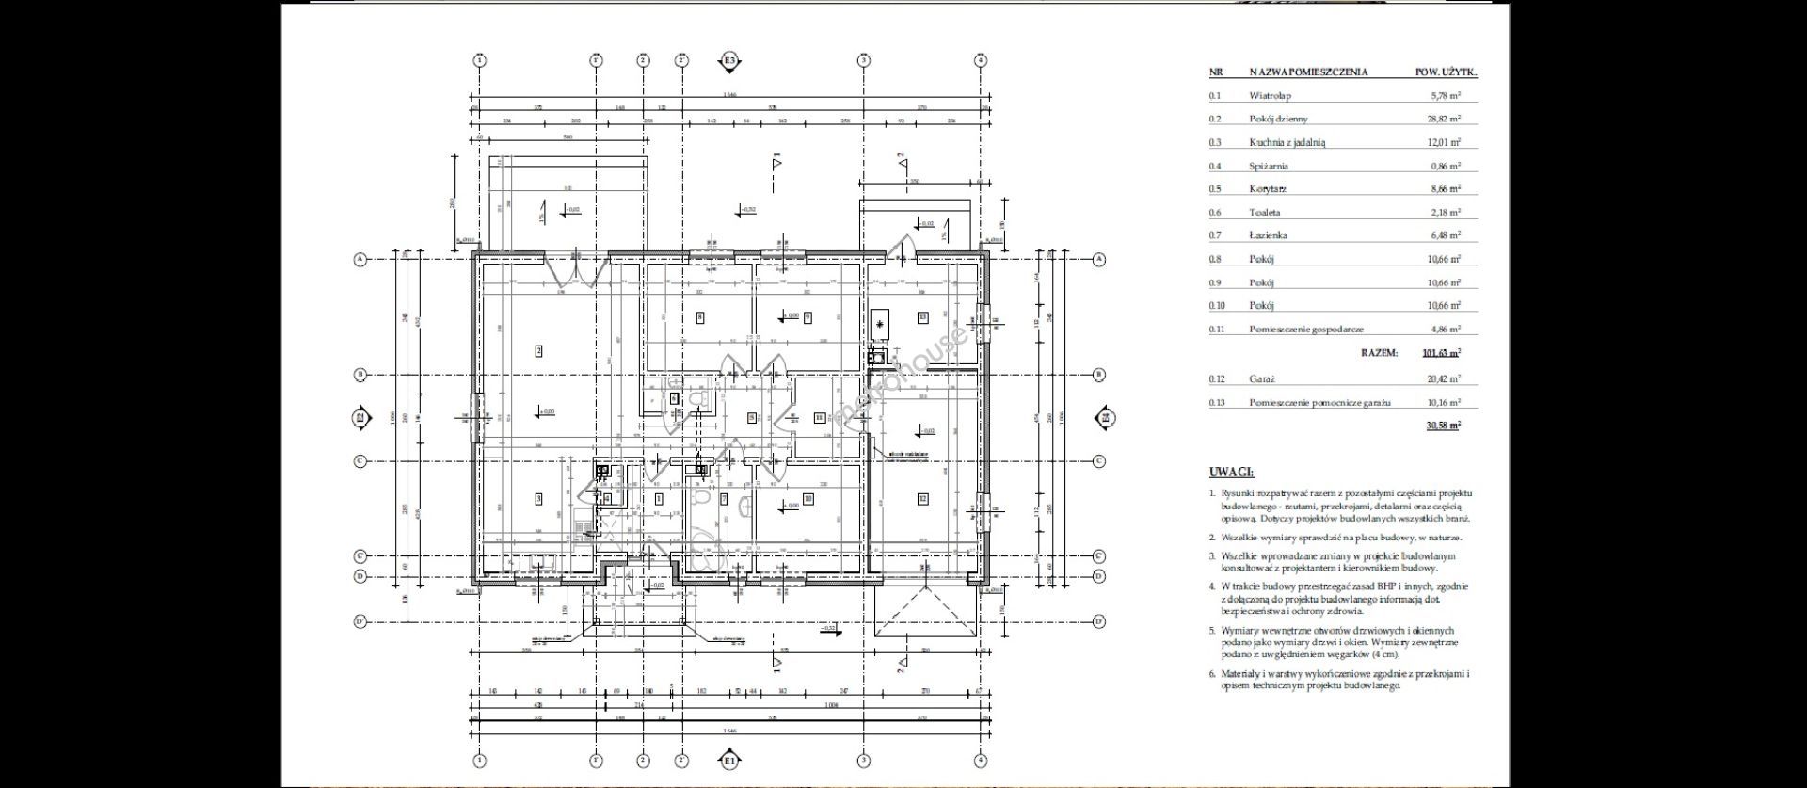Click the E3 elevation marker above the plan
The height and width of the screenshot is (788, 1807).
click(x=729, y=61)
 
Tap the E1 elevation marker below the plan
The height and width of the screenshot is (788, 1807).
click(x=729, y=760)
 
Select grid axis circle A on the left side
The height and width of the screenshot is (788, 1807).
click(x=360, y=259)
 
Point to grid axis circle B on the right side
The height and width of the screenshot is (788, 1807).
click(x=1098, y=375)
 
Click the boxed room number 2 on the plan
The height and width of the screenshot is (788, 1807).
click(x=538, y=351)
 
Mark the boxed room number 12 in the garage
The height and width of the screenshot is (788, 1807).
click(x=923, y=498)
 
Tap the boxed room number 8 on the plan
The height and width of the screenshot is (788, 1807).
click(x=699, y=317)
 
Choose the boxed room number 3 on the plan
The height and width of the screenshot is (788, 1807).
click(x=538, y=498)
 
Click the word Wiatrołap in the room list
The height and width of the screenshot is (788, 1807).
click(x=1270, y=95)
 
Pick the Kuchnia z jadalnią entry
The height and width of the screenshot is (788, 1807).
click(x=1287, y=142)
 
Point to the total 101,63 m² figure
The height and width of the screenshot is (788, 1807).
click(x=1441, y=353)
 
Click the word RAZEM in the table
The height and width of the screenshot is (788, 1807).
click(x=1379, y=353)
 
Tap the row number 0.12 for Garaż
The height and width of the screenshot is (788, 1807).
click(x=1216, y=378)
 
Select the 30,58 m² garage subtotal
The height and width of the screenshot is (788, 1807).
click(x=1443, y=426)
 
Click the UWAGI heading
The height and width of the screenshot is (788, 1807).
click(x=1231, y=473)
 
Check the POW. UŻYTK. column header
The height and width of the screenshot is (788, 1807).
click(x=1446, y=72)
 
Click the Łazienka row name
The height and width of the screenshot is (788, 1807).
click(x=1268, y=235)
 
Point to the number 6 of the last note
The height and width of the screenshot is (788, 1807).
click(x=1212, y=674)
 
